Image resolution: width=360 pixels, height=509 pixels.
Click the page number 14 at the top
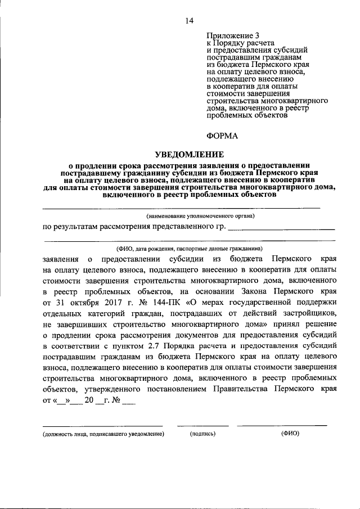click(189, 21)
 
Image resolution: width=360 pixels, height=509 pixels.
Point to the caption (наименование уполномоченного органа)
click(200, 215)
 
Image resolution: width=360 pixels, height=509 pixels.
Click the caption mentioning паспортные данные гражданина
click(189, 248)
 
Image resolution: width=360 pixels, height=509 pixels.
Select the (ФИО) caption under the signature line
click(290, 434)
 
